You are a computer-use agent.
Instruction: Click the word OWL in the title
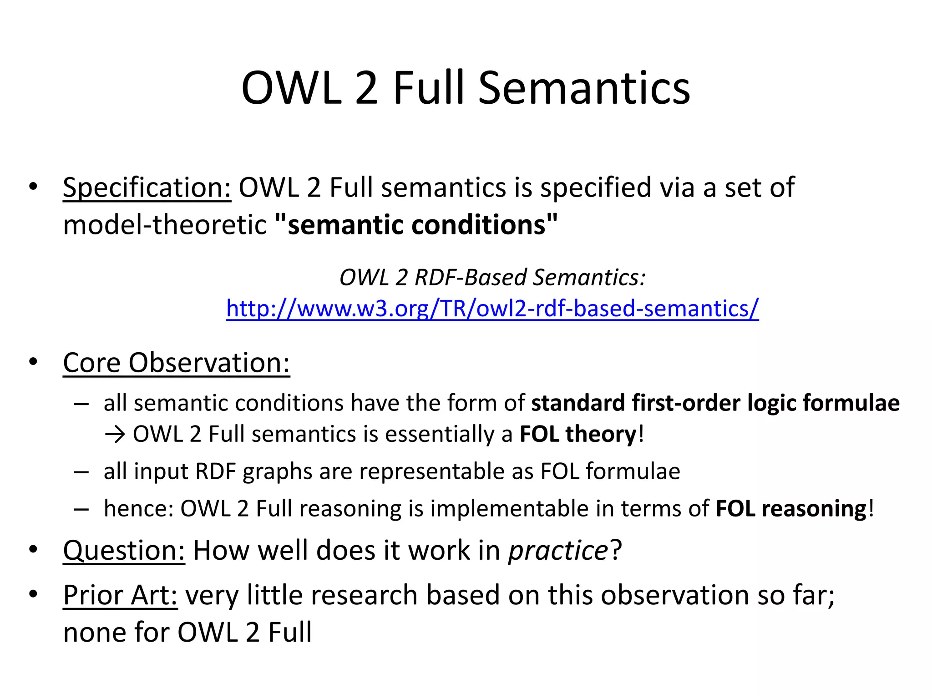coord(291,88)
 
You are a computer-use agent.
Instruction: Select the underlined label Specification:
coord(147,187)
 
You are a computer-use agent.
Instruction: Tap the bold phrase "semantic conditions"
coord(416,225)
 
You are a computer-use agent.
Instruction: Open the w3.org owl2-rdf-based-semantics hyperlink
coord(492,309)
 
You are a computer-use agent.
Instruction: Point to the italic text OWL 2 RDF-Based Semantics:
coord(492,277)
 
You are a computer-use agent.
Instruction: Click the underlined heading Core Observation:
coord(176,363)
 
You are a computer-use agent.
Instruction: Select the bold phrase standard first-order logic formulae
coord(715,403)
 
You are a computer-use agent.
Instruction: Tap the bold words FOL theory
coord(577,434)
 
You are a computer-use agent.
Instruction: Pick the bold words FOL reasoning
coord(791,509)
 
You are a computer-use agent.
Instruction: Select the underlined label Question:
coord(124,551)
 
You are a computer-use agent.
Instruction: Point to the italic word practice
coord(558,551)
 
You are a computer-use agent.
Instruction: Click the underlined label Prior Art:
coord(120,595)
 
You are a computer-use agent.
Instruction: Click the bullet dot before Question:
coord(33,549)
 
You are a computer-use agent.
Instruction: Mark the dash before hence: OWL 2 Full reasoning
coord(81,509)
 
